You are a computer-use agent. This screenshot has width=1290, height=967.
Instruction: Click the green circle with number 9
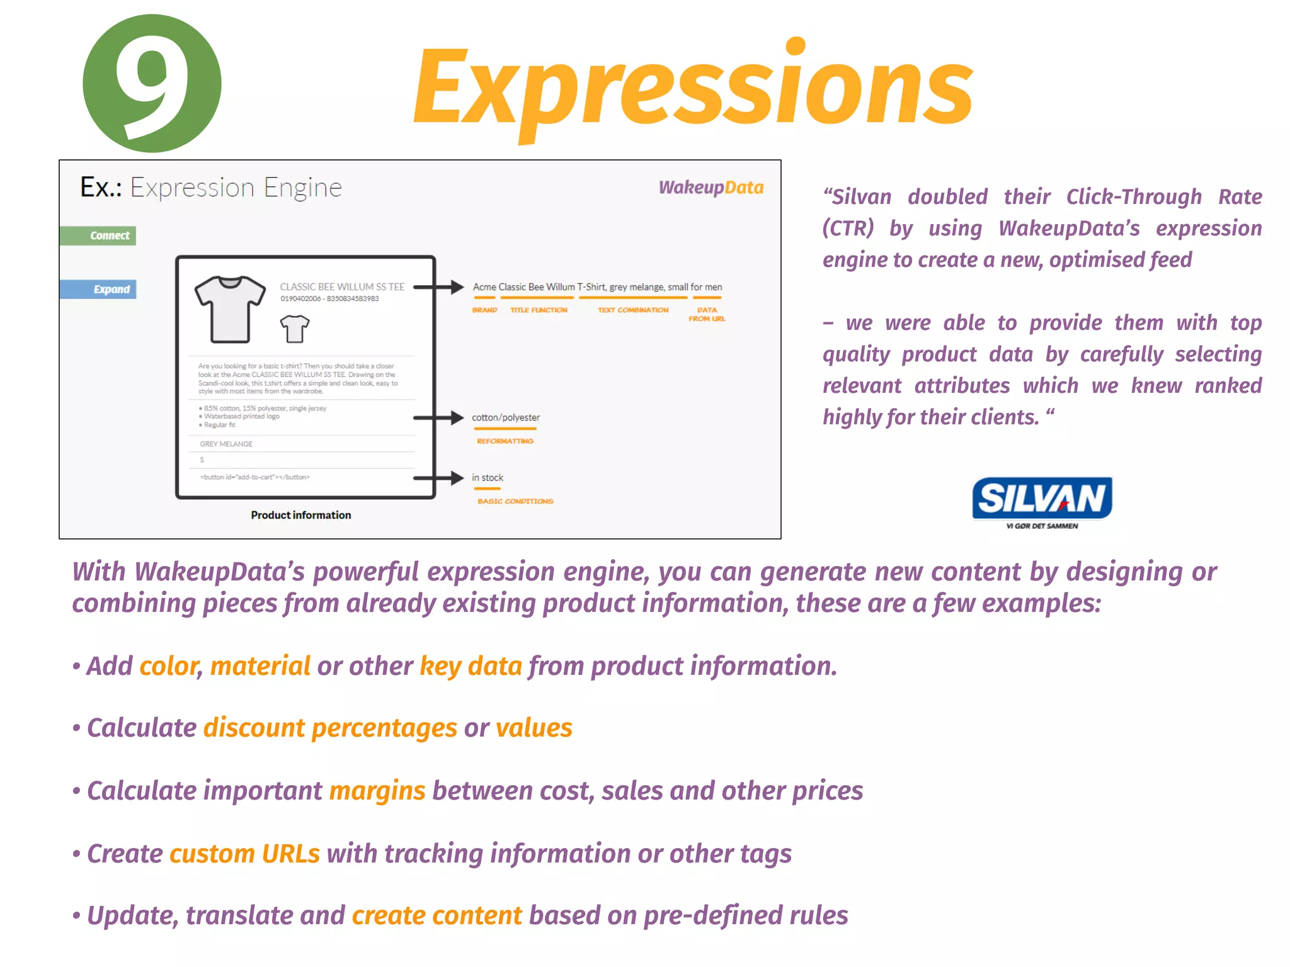[x=152, y=83]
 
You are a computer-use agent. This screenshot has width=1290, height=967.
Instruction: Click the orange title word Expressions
[x=693, y=88]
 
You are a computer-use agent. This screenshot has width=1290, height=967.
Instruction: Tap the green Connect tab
[x=98, y=235]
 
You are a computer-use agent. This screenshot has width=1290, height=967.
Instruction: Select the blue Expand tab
[x=99, y=290]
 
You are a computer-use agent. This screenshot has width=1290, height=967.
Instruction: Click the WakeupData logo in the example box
[x=711, y=188]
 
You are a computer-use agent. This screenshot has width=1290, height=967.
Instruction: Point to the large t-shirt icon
[x=230, y=308]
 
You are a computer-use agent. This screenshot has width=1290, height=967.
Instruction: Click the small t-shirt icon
[x=294, y=328]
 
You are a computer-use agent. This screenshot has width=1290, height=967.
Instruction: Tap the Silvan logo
[x=1042, y=502]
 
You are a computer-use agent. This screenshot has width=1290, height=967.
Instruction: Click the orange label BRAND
[x=484, y=310]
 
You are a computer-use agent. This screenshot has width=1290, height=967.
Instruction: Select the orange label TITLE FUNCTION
[x=539, y=310]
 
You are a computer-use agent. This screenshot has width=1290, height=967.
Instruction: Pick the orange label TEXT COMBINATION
[x=633, y=310]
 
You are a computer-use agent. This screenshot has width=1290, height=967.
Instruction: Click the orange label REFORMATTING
[x=505, y=441]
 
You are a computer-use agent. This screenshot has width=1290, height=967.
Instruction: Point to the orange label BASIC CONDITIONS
[x=515, y=501]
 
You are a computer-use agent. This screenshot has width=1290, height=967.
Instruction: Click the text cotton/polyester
[x=506, y=417]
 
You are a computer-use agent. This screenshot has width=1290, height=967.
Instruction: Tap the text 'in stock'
[x=488, y=478]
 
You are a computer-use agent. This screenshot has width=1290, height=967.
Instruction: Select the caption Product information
[x=301, y=515]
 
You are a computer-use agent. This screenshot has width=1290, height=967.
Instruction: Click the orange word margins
[x=377, y=791]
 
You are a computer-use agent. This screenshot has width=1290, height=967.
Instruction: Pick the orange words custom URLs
[x=244, y=854]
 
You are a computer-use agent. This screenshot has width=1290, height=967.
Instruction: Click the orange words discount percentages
[x=330, y=728]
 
